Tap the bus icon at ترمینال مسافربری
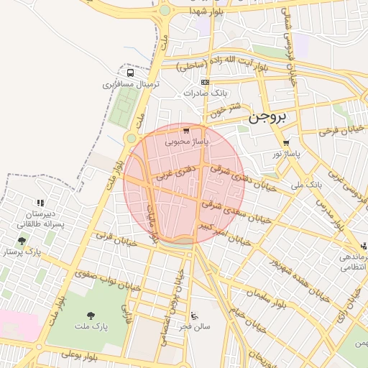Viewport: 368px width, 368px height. point(130,73)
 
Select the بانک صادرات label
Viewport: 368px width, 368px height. point(205,93)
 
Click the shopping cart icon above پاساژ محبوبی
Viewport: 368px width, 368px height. point(186,131)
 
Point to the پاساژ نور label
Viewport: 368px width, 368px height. point(287,154)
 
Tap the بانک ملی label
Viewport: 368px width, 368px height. point(308,185)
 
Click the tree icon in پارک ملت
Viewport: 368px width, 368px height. point(91,316)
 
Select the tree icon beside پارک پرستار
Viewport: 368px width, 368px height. point(22,241)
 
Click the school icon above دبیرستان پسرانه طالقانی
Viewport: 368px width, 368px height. point(40,203)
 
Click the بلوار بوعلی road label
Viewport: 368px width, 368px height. point(79,355)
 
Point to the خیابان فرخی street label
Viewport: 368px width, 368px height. point(338,130)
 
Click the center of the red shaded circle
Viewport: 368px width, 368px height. point(184,183)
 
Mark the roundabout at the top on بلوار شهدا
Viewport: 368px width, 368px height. point(165,10)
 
